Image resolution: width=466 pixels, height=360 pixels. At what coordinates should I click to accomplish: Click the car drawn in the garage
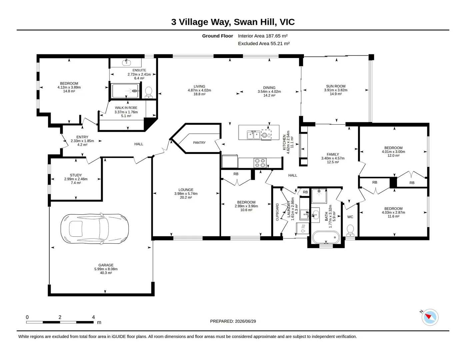tap(95, 229)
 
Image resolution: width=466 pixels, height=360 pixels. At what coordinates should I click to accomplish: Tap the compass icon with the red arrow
tap(430, 317)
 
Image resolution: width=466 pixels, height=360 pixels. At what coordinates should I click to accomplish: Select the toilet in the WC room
tap(350, 230)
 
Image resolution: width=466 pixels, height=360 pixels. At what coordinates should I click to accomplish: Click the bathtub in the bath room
tap(326, 237)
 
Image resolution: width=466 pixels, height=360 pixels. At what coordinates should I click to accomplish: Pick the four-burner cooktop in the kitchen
tap(260, 163)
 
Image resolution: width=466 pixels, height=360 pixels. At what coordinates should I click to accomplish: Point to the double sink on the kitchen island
tap(253, 135)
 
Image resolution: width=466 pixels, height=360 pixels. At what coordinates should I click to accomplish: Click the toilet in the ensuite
tap(149, 92)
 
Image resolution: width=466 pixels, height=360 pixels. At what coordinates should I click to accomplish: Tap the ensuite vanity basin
tap(126, 62)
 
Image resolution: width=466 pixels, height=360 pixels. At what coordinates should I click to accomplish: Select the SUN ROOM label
tap(336, 86)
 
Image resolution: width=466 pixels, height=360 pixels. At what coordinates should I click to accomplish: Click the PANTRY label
tap(199, 143)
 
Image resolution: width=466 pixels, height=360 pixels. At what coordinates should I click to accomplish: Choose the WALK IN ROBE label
tap(126, 108)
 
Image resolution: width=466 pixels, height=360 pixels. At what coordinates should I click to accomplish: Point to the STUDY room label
tap(76, 175)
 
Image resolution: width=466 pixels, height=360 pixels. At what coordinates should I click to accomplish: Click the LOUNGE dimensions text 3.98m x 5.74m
tap(186, 194)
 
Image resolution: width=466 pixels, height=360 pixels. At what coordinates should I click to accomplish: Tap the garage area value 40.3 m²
tap(106, 273)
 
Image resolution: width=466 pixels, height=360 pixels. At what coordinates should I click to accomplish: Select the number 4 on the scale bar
tap(93, 317)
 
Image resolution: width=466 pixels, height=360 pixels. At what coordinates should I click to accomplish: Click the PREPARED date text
tap(233, 321)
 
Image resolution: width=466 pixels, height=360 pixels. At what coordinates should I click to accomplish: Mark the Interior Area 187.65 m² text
tap(263, 36)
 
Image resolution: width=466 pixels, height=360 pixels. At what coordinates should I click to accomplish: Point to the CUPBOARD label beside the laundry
tap(277, 212)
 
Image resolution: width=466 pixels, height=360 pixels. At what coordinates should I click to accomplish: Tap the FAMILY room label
tap(333, 154)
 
